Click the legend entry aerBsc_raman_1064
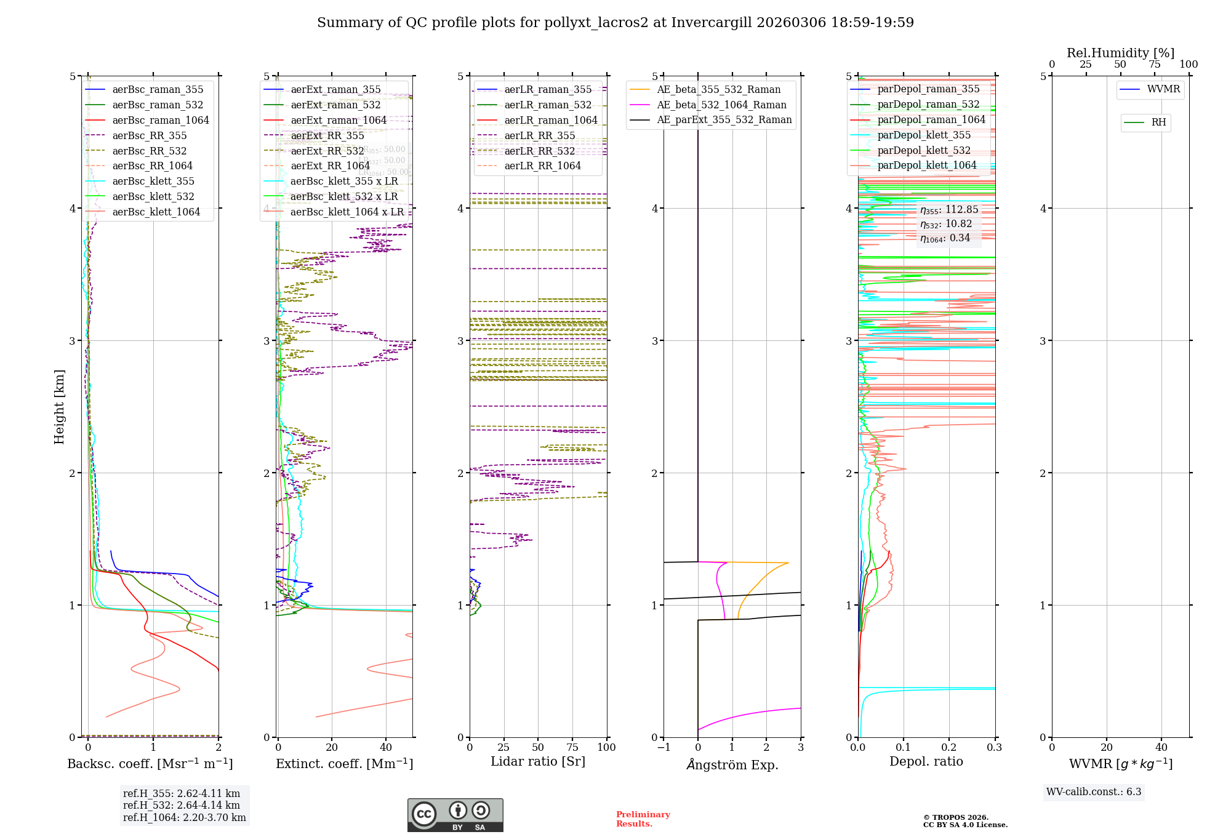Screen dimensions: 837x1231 (161, 121)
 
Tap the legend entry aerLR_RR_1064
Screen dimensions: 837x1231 (542, 166)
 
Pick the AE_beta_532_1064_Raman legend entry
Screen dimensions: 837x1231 (721, 105)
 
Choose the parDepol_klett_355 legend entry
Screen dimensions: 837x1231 (924, 135)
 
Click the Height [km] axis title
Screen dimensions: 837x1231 (59, 407)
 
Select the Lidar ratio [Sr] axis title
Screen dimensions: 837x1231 (538, 762)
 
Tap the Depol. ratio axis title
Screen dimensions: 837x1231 (926, 762)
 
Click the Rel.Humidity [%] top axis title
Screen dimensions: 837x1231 (1120, 53)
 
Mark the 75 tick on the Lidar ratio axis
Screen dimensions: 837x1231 (572, 748)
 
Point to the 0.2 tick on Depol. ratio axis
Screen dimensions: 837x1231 (949, 748)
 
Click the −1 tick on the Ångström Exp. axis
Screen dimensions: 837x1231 (663, 748)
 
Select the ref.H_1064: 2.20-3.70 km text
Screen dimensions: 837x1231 (185, 818)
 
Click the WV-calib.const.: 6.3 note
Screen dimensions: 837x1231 (1094, 792)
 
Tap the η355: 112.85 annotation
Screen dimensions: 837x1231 (949, 210)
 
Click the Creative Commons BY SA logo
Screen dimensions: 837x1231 (455, 815)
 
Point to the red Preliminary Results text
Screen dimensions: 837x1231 (643, 819)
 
